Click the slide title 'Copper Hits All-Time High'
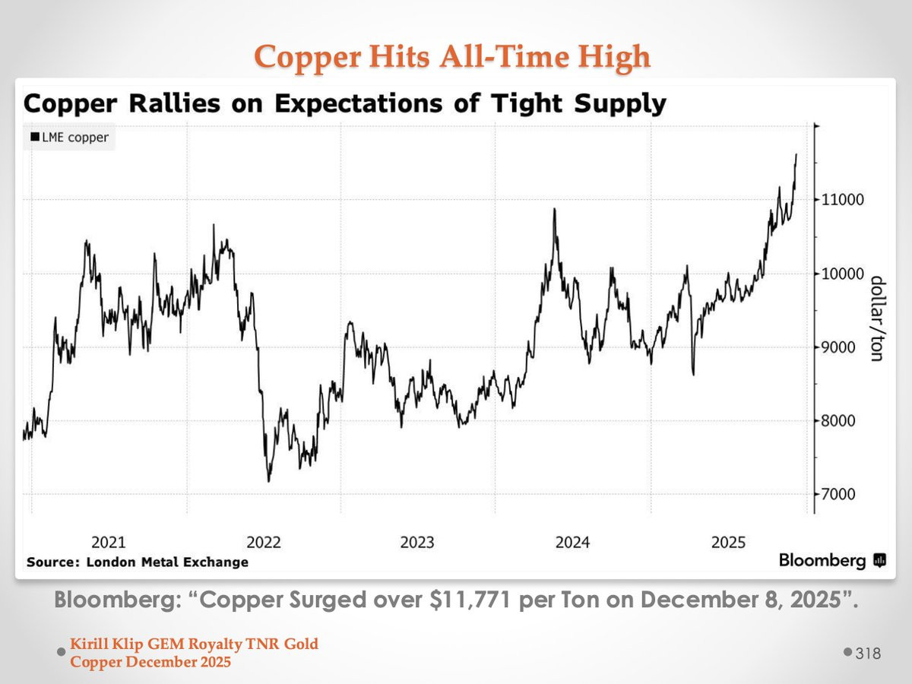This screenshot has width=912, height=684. (x=452, y=56)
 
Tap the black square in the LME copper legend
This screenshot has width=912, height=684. (x=34, y=138)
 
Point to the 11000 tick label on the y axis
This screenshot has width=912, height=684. (x=840, y=200)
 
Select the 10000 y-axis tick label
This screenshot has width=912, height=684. (x=840, y=274)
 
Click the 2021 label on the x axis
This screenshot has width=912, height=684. (x=109, y=542)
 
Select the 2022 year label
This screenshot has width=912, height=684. (x=263, y=542)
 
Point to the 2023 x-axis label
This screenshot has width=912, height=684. (x=417, y=542)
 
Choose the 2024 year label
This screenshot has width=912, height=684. (x=572, y=542)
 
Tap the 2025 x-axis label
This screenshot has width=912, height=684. (x=728, y=542)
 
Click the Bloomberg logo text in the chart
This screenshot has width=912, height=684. (x=822, y=561)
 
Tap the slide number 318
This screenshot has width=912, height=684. (x=868, y=654)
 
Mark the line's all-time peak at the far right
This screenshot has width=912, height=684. (x=796, y=154)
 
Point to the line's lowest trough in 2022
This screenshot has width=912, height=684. (x=268, y=481)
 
